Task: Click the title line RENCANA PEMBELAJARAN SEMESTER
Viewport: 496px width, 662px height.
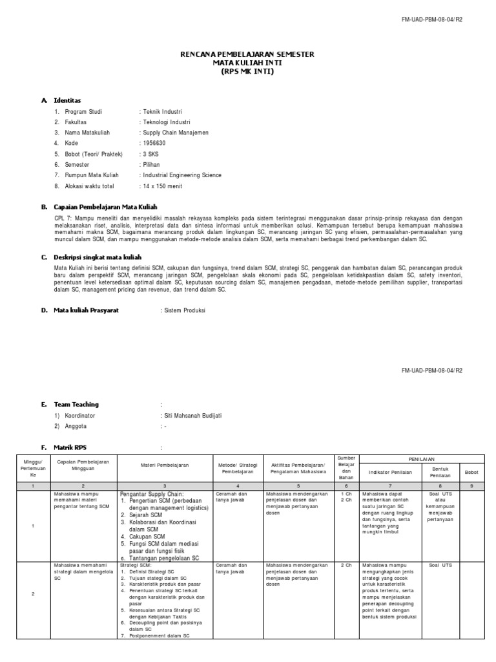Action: [247, 55]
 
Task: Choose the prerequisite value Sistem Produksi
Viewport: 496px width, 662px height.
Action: [183, 310]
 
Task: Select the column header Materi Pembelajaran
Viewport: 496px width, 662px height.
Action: [164, 464]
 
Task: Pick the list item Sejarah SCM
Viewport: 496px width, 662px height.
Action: [146, 515]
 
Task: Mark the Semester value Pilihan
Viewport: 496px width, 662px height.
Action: [152, 165]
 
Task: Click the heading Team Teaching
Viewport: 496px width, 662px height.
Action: [77, 405]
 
